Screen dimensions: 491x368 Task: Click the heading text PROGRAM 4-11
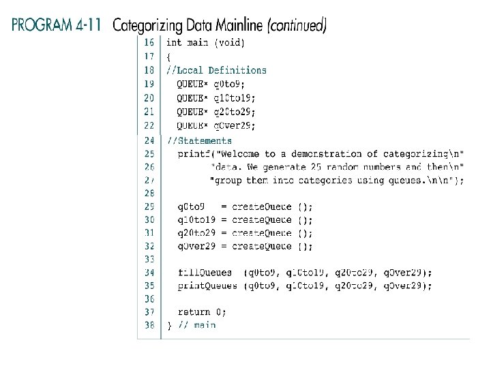tap(57, 26)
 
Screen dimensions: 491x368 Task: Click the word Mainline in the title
tap(238, 26)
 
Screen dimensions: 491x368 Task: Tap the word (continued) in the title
tap(297, 26)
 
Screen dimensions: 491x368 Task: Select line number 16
tap(149, 43)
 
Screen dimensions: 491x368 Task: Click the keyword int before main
tap(175, 43)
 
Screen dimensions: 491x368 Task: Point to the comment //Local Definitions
tap(217, 70)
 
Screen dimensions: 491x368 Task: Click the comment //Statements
tap(200, 140)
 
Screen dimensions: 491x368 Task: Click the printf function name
tap(193, 153)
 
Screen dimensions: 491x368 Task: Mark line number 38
tap(149, 325)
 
